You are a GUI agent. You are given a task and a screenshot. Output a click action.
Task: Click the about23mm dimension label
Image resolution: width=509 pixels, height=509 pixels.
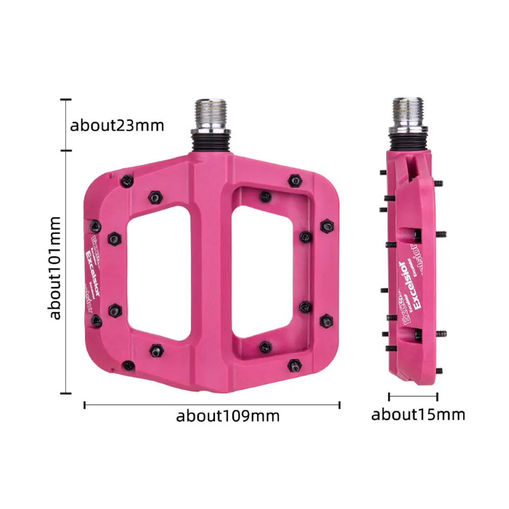coord(116,125)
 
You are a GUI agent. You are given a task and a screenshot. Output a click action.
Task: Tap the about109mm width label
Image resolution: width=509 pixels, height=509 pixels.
coord(228,416)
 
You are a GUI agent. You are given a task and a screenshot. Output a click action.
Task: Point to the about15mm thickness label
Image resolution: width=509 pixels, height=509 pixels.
coord(418,414)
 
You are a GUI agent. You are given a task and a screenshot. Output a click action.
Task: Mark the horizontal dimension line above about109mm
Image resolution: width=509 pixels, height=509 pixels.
coord(212,405)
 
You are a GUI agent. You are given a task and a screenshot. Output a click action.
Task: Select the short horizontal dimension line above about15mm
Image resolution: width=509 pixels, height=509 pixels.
coord(413,396)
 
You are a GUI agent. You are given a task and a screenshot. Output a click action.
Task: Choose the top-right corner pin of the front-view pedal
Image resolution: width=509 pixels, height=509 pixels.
coord(294,180)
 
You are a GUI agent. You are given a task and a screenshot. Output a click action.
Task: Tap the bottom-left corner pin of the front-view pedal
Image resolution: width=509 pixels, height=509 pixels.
coord(129,365)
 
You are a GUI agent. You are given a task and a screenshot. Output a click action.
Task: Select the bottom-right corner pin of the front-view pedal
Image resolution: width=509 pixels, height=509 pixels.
coord(294,364)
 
